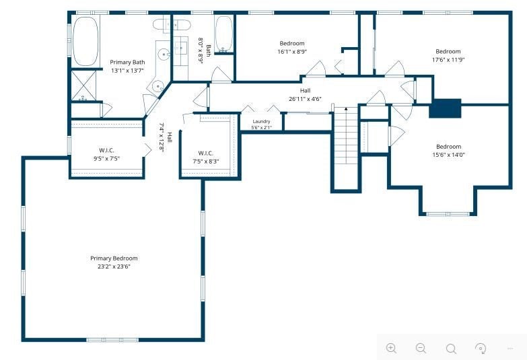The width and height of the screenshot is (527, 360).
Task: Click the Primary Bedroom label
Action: point(114,258)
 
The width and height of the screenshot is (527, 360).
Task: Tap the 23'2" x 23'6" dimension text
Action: point(114,266)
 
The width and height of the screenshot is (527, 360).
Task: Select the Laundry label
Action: point(261,121)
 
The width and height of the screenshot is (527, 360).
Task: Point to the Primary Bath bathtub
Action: point(85,41)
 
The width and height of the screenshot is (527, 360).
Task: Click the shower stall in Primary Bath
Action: point(83,85)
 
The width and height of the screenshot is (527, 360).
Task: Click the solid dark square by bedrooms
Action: point(445,108)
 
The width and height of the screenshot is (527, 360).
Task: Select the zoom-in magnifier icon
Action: point(391,349)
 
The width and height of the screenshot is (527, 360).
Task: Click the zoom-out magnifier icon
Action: point(421,349)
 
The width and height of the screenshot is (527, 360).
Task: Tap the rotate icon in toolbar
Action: point(481,349)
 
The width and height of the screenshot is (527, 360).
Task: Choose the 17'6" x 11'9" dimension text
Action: point(448,60)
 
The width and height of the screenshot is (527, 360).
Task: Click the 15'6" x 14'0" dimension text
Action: point(448,155)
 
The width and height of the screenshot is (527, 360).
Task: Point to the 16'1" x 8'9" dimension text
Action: point(292,52)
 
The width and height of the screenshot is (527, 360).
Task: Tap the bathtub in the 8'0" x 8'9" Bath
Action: point(223,34)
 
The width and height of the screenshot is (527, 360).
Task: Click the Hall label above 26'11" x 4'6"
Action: point(305,90)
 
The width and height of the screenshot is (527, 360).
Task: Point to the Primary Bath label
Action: point(127,62)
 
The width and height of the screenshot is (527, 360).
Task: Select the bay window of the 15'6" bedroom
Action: point(448,213)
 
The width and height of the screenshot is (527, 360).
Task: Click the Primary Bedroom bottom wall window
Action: point(112,340)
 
